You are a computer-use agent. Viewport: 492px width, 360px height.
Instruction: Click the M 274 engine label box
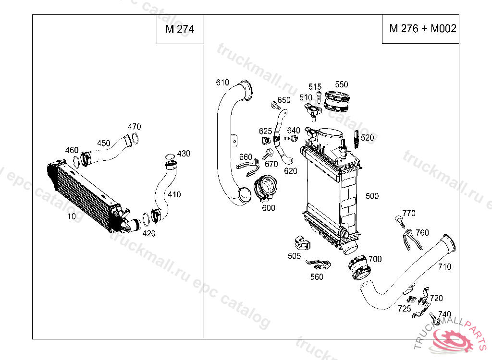tap(180, 29)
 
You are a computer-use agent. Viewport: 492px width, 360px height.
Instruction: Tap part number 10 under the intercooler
tap(72, 216)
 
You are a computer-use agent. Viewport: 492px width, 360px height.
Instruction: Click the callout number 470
tap(134, 127)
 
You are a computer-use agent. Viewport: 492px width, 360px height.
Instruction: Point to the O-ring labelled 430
tap(169, 156)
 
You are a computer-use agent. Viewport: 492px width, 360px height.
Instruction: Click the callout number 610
tap(222, 83)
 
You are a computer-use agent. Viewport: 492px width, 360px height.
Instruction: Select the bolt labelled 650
tap(274, 104)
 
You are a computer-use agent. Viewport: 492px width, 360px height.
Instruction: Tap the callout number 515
tap(315, 87)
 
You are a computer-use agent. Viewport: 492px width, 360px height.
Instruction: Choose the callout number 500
tap(372, 196)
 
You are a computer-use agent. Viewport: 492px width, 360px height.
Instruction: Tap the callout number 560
tap(317, 277)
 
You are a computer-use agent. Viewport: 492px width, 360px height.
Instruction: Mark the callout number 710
tap(444, 266)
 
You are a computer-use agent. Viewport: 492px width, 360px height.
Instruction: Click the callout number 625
tap(265, 131)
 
